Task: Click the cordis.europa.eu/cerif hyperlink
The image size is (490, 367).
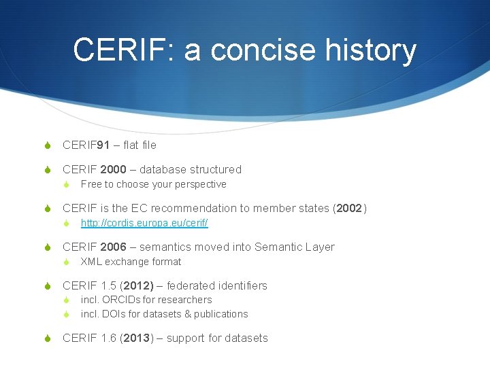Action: pos(144,223)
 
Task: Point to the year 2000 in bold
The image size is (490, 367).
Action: pos(113,169)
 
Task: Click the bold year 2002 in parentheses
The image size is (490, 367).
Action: pos(349,208)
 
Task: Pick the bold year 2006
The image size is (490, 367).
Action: pos(113,247)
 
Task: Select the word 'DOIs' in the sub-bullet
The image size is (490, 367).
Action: pos(112,314)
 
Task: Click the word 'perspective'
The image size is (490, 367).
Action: pos(201,184)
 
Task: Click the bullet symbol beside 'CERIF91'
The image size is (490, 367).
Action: pos(48,145)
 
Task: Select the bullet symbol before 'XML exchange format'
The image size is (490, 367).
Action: pos(67,262)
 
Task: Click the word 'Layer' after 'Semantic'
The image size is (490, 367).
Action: pos(321,247)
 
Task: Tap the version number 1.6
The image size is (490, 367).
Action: pos(108,338)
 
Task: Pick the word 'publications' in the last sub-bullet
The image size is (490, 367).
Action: pos(222,314)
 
